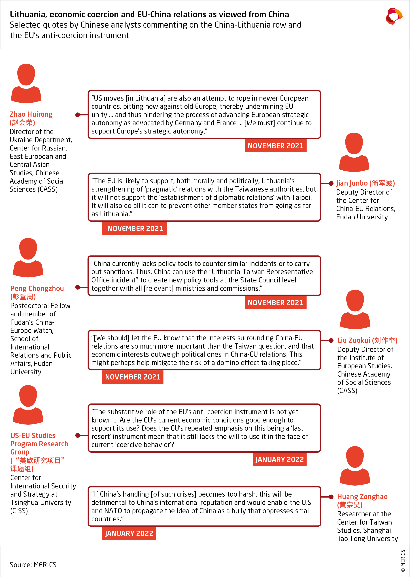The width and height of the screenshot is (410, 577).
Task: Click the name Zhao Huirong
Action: [x=31, y=114]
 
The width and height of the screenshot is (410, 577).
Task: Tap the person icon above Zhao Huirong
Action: [x=26, y=83]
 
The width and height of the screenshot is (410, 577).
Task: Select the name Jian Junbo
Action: [x=352, y=183]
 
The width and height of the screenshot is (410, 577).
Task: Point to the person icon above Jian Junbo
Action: [x=354, y=152]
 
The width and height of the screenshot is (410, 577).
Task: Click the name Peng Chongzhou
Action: [x=37, y=288]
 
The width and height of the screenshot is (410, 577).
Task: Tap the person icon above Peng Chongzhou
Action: [x=28, y=258]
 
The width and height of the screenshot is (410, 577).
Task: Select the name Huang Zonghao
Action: [x=362, y=497]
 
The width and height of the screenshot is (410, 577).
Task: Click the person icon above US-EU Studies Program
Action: [x=28, y=405]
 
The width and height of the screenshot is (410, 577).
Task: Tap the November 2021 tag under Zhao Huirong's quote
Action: [x=275, y=146]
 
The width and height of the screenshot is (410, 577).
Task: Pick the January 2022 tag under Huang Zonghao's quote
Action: [x=129, y=533]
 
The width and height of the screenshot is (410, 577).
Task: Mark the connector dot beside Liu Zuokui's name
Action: [x=331, y=340]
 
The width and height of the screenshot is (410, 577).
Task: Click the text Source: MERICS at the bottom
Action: [x=33, y=565]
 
